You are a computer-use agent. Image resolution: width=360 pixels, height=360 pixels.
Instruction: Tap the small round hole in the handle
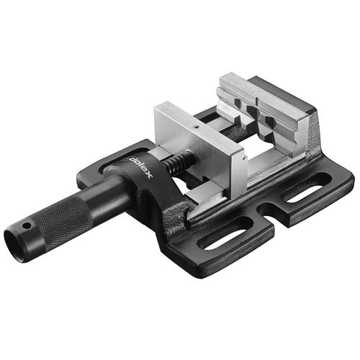pyautogui.click(x=28, y=226)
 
